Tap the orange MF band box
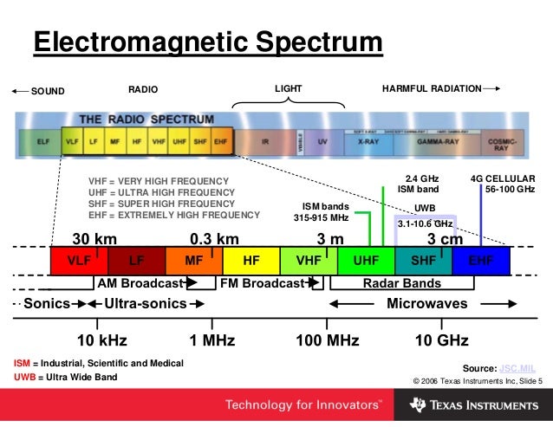point(193,260)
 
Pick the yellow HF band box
point(251,260)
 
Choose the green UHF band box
point(366,260)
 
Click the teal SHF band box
point(423,260)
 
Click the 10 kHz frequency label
point(102,340)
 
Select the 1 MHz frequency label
point(212,340)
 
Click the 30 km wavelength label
point(95,238)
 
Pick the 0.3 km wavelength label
point(214,238)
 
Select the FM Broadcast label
point(260,283)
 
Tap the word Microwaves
point(426,304)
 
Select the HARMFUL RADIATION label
point(431,88)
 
